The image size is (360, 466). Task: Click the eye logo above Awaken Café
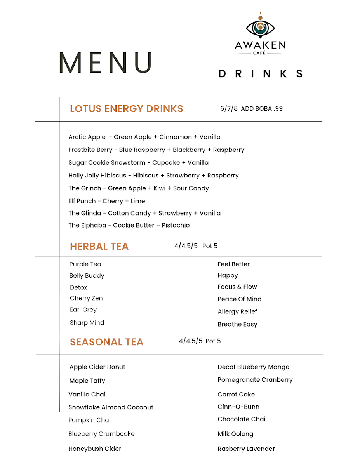coord(260,27)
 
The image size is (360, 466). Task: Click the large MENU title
coord(105,63)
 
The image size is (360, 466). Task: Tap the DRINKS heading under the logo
coord(261,74)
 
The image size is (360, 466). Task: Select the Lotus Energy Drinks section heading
coord(126,109)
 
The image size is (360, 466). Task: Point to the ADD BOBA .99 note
coord(262,109)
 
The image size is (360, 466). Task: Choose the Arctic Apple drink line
coord(144,137)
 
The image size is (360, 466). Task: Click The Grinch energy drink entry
coord(138,188)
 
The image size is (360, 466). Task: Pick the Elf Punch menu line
coord(106,201)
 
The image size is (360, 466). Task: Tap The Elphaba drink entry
coord(129,225)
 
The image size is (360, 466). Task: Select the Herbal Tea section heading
coord(99,247)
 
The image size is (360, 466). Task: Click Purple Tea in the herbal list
coord(85,264)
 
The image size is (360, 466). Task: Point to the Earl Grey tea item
coord(83,310)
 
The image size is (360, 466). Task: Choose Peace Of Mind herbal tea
coord(239,299)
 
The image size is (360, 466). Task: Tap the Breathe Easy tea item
coord(237,324)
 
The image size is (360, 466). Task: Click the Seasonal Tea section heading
coord(106,342)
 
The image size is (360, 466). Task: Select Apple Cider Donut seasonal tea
coord(97,367)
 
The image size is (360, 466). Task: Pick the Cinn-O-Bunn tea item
coord(238,407)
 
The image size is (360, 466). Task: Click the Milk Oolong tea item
coord(235,434)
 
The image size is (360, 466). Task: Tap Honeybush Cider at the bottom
coord(95,449)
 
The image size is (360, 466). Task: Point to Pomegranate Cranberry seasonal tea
coord(255,380)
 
